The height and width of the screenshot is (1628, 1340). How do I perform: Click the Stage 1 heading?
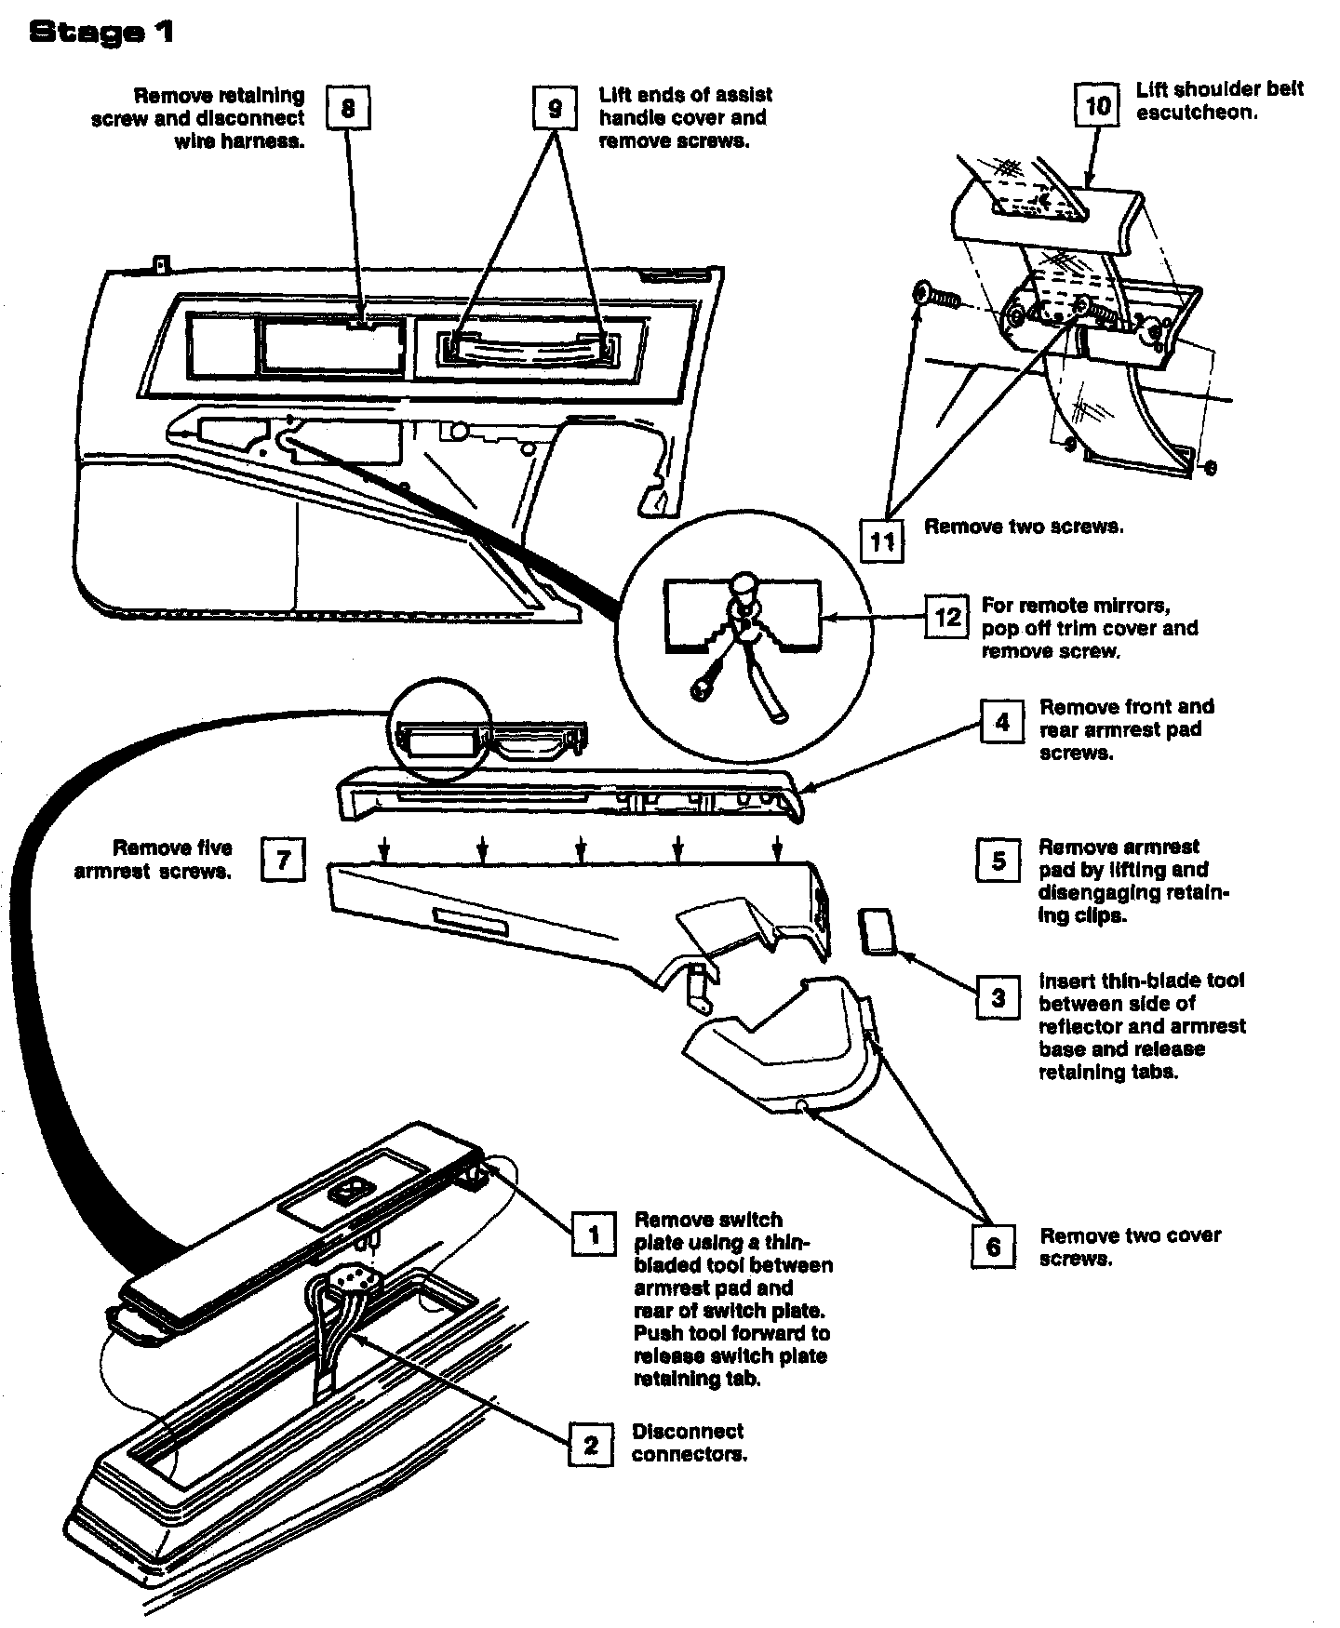click(x=101, y=33)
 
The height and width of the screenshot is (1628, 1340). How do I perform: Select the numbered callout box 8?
click(x=347, y=109)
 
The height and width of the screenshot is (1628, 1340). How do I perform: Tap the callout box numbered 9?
click(x=555, y=109)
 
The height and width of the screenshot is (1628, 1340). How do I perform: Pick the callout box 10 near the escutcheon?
click(x=1098, y=105)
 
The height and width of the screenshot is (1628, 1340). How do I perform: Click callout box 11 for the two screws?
click(x=881, y=540)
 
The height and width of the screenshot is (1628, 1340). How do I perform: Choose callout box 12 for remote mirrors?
click(x=946, y=616)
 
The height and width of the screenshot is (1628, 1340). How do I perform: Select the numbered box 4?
click(x=1001, y=722)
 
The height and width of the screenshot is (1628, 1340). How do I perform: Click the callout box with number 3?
click(x=998, y=999)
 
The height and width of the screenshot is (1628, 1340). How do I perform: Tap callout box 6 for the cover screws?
click(x=993, y=1245)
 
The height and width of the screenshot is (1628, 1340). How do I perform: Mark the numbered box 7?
click(x=283, y=860)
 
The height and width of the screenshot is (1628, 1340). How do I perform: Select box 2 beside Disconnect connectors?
click(x=591, y=1445)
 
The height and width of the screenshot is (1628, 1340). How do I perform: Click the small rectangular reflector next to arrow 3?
click(x=877, y=932)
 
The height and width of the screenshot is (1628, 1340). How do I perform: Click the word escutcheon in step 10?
click(x=1197, y=113)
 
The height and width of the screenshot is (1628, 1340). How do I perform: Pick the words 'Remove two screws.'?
click(x=1024, y=527)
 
